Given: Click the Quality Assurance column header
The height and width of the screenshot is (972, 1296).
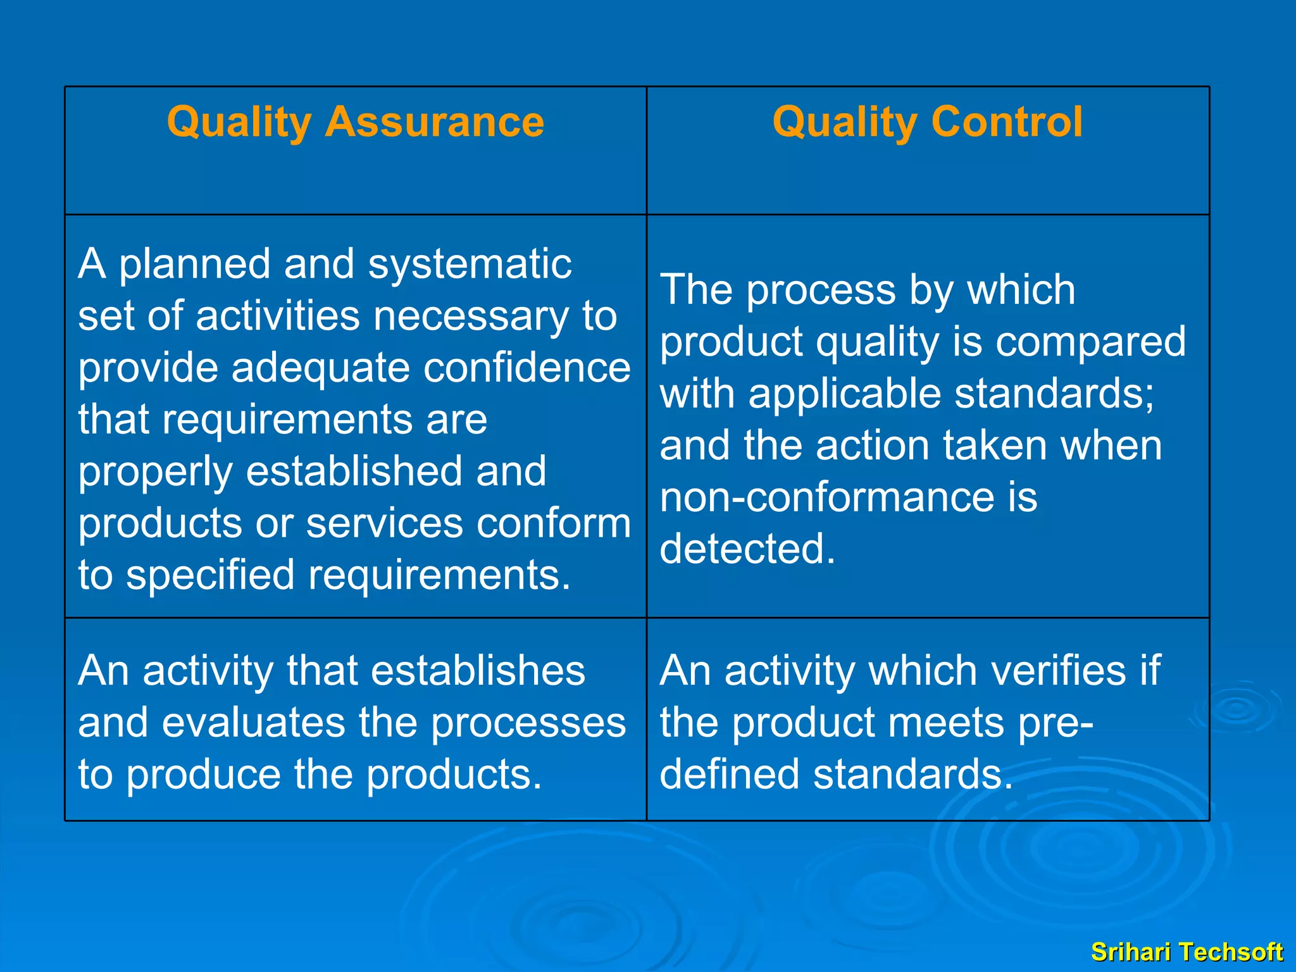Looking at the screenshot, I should point(355,121).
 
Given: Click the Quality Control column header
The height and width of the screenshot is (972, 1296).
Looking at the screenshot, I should point(927,121).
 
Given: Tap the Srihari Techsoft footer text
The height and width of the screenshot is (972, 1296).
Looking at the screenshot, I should point(1187,952).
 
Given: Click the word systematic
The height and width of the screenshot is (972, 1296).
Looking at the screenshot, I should point(470,264).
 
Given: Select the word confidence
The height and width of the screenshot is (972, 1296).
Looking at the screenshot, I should point(527,368).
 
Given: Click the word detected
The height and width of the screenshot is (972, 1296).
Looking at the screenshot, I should point(747,549).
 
